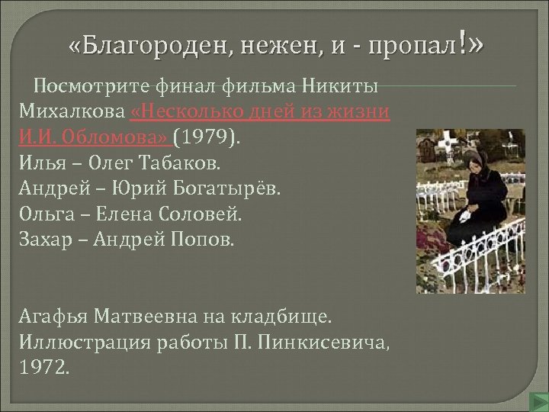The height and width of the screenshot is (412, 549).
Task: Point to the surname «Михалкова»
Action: click(69, 112)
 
